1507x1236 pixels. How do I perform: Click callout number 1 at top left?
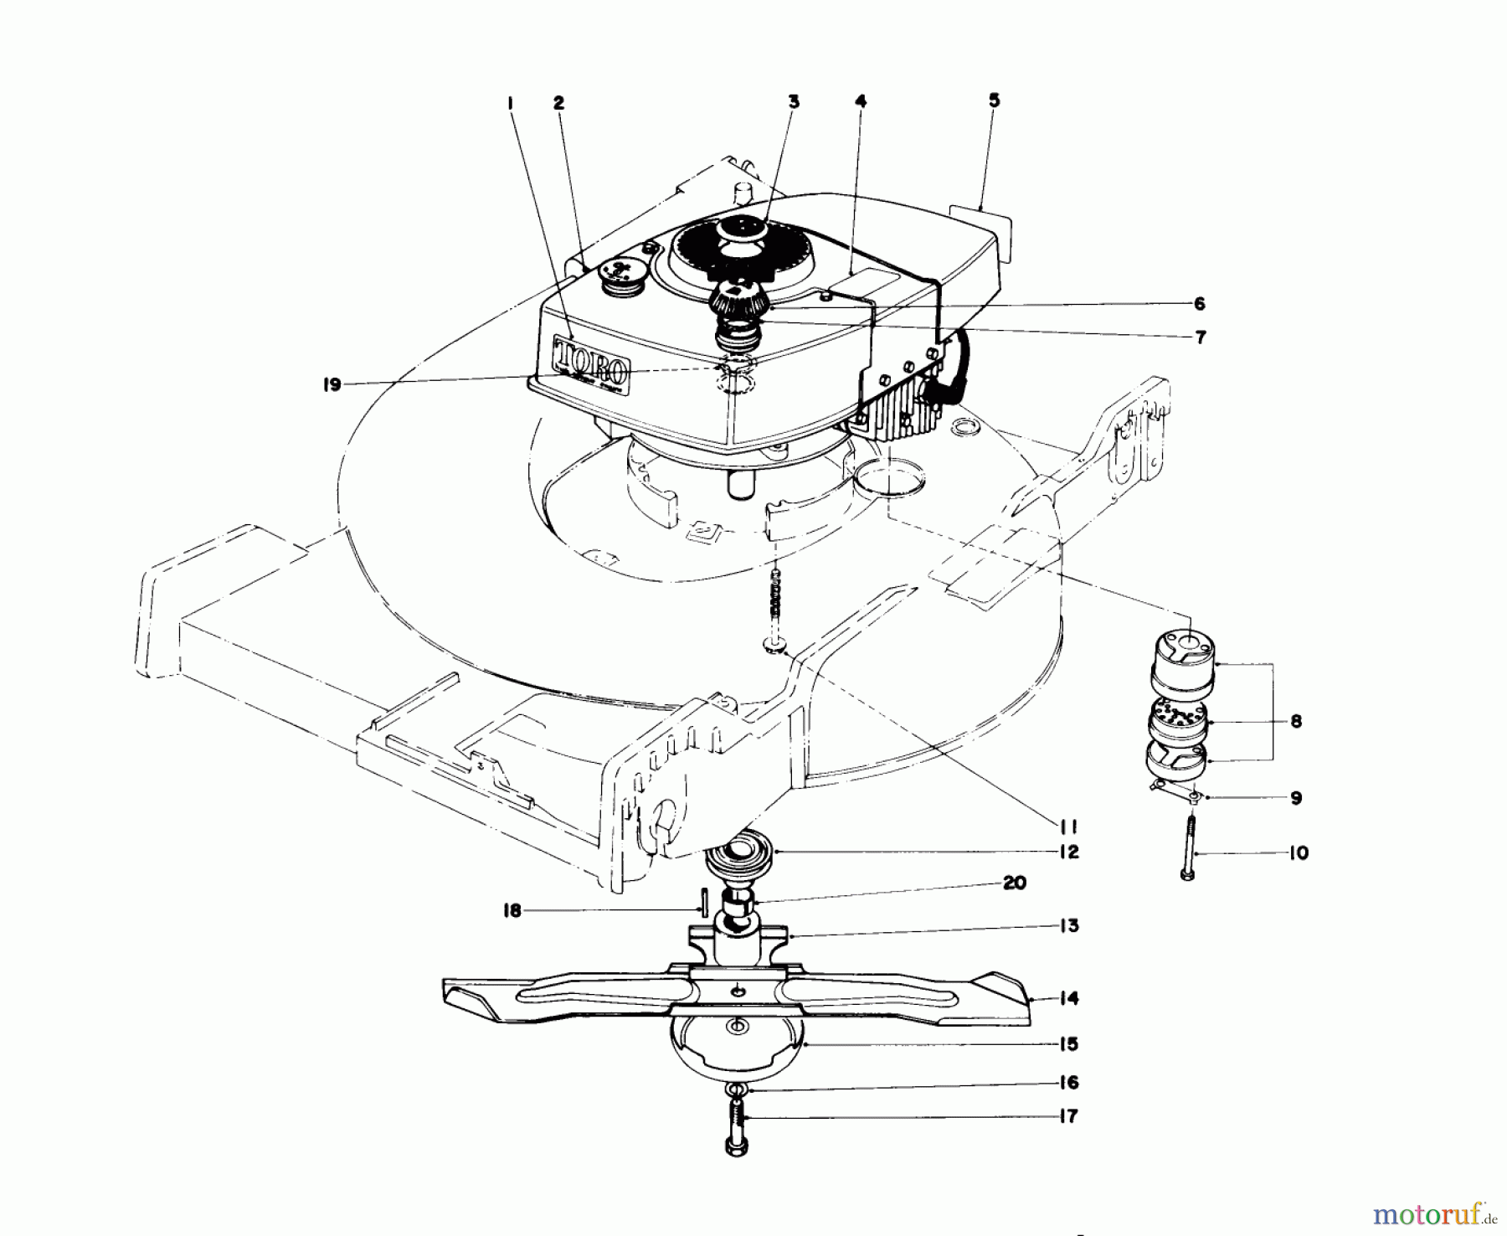[x=510, y=102]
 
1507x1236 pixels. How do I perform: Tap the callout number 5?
[x=993, y=100]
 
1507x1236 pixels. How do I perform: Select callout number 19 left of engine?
[x=332, y=384]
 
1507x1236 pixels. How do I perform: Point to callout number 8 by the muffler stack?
[x=1296, y=721]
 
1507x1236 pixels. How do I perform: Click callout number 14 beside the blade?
[x=1069, y=998]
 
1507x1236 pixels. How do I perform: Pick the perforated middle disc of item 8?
[x=1177, y=717]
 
